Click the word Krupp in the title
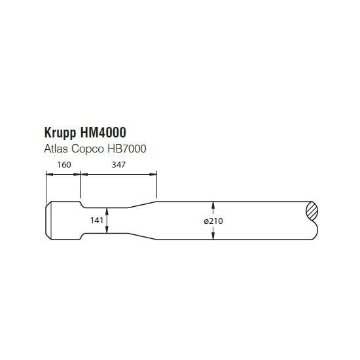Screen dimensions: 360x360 pos(60,133)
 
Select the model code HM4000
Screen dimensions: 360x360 pos(103,132)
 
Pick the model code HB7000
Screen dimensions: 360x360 pos(127,149)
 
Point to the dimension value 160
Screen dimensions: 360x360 pos(64,164)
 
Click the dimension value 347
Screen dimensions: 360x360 pos(118,164)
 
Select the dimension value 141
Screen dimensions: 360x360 pos(97,221)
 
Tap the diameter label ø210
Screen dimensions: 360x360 pos(213,221)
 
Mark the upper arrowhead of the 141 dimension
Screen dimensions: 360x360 pos(107,211)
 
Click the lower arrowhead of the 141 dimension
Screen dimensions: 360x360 pos(107,230)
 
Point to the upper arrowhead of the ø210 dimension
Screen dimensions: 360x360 pos(213,206)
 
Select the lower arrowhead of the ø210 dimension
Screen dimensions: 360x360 pos(213,236)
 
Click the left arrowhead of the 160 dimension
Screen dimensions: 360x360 pos(50,174)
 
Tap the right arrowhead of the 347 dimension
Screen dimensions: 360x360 pos(153,174)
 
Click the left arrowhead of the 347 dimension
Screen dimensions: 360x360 pos(84,174)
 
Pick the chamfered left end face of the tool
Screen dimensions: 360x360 pos(48,221)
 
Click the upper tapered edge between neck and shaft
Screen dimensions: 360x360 pos(142,205)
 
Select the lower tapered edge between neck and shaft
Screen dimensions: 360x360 pos(142,236)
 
